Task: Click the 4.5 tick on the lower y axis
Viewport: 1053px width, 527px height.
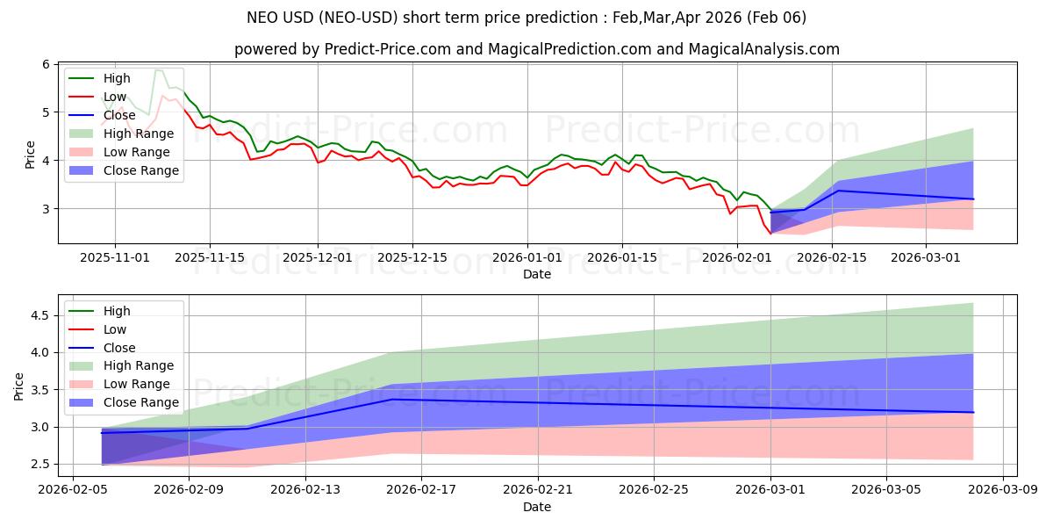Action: (39, 315)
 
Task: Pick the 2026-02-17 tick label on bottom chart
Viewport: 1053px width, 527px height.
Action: (421, 489)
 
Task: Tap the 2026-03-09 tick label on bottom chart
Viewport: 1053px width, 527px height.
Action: (1002, 489)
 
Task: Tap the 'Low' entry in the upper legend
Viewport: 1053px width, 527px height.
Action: (115, 97)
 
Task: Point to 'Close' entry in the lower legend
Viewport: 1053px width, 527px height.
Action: (119, 348)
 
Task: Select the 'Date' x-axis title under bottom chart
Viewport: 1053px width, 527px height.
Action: (537, 507)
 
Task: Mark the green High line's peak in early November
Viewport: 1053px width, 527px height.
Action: (156, 69)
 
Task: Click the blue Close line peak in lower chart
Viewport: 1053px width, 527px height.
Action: (392, 400)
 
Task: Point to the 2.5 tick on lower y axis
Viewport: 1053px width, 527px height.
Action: (39, 464)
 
